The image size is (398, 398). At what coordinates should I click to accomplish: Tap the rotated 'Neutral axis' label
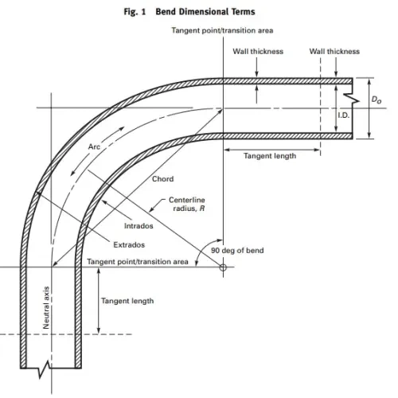(x=46, y=306)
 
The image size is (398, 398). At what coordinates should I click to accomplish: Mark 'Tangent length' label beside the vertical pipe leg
(x=127, y=301)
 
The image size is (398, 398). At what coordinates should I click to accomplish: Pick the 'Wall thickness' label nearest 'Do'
(x=334, y=52)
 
